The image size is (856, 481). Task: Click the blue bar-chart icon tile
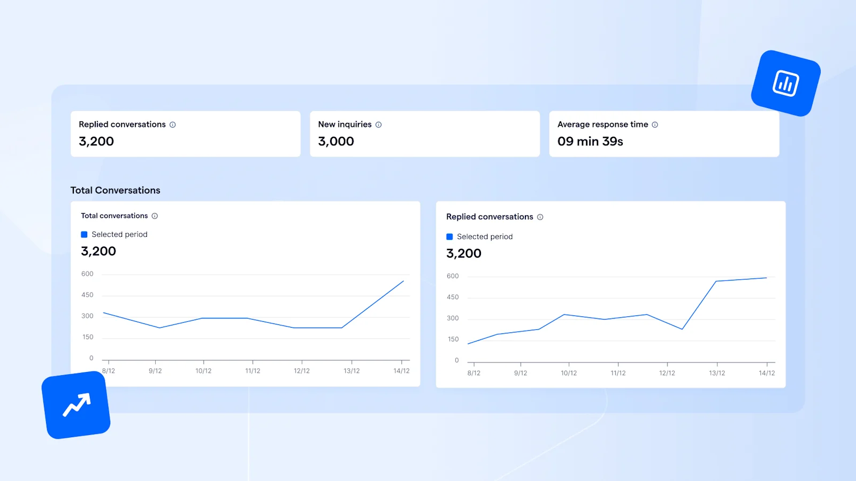click(785, 83)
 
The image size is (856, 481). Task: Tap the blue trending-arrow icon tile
click(76, 405)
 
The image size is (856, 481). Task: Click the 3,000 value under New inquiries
click(336, 142)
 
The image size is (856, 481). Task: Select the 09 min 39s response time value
click(590, 142)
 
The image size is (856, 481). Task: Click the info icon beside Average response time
click(655, 125)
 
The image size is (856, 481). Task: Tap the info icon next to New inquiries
click(378, 125)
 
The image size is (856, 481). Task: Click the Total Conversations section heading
click(115, 190)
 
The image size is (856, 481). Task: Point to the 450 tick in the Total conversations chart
click(87, 295)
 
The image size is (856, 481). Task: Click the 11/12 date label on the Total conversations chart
click(253, 371)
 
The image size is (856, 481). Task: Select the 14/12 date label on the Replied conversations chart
click(766, 373)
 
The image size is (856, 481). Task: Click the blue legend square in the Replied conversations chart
click(449, 237)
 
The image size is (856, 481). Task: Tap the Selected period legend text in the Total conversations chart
click(119, 235)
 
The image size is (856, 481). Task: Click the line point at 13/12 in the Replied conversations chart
click(716, 281)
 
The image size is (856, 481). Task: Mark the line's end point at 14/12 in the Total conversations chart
click(403, 281)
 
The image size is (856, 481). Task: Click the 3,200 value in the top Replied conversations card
click(96, 142)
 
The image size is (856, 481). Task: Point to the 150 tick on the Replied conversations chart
click(453, 339)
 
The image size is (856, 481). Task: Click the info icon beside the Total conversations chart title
click(155, 216)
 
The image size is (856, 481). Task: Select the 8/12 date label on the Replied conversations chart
click(473, 373)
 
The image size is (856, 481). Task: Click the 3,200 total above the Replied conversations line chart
click(464, 253)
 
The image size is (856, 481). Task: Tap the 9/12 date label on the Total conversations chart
click(155, 371)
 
